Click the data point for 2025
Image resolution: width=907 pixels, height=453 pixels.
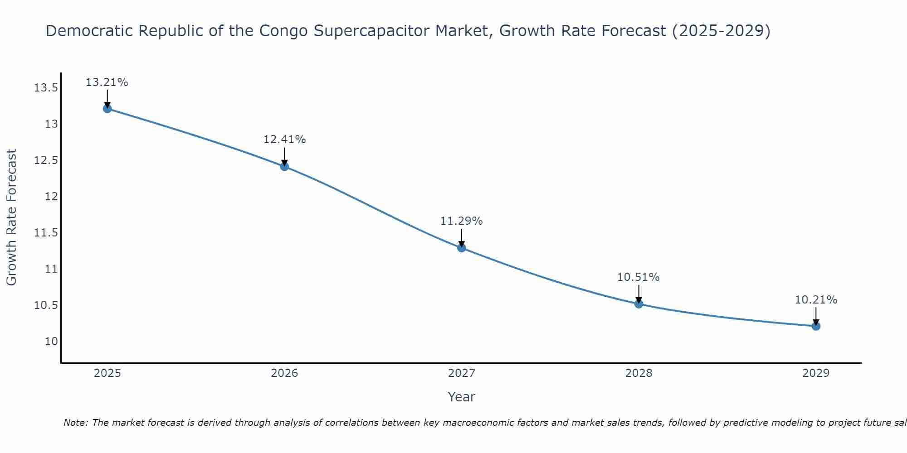107,109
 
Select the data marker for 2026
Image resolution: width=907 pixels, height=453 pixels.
284,166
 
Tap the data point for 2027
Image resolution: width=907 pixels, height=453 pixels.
462,248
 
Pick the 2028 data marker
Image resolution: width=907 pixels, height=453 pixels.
639,304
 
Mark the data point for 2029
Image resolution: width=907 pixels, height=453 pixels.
816,326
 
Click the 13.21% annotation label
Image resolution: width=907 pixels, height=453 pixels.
107,82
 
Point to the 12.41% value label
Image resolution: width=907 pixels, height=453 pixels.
284,140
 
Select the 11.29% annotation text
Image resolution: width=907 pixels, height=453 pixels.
462,221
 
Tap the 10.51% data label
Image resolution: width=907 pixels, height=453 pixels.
638,277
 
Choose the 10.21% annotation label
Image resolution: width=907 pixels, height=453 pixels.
816,300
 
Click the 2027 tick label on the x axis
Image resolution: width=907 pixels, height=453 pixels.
462,373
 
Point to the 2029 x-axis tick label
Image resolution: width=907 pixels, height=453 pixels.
816,373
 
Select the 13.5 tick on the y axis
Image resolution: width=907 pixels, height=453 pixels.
46,88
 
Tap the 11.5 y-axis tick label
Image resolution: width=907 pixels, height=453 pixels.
46,233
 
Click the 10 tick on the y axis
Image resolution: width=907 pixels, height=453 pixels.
52,342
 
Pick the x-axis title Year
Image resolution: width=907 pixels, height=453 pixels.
462,397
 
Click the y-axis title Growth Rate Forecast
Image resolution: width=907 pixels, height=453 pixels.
11,217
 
